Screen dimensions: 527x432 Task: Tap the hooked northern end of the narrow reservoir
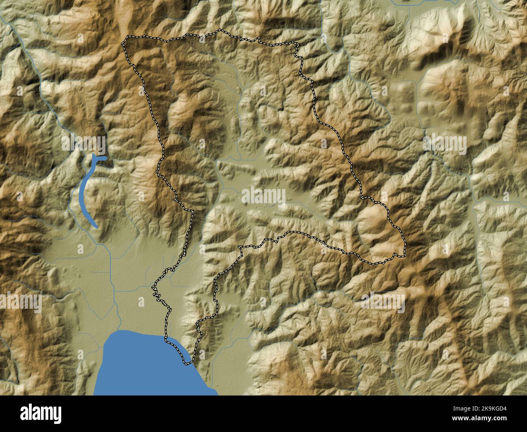pos(101,158)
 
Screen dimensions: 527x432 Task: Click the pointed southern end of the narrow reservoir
pos(96,226)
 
